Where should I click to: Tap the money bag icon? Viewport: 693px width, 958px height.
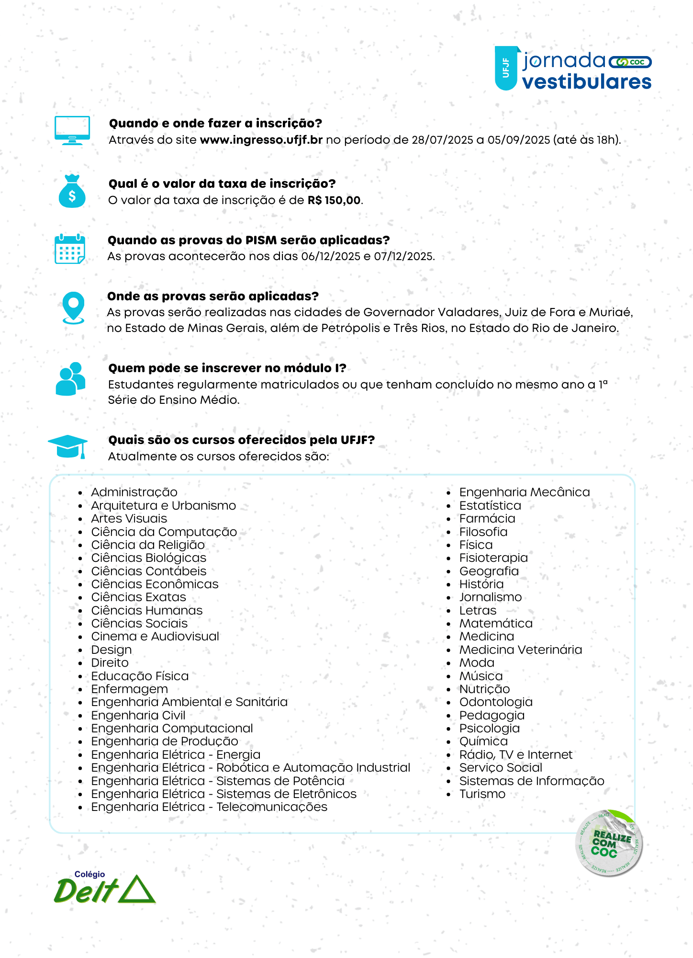click(72, 192)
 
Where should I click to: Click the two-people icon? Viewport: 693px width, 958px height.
click(71, 379)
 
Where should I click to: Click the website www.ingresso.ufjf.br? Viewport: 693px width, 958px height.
click(261, 140)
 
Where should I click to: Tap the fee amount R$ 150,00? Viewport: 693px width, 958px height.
click(334, 200)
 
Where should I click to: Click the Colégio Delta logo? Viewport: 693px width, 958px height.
click(104, 888)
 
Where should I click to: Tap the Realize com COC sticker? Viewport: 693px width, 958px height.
click(609, 843)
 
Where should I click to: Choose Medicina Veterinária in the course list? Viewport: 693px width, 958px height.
click(520, 650)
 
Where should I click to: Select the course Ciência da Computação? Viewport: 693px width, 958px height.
click(164, 532)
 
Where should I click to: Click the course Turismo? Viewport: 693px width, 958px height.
click(482, 794)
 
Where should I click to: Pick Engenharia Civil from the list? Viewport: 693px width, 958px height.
click(138, 715)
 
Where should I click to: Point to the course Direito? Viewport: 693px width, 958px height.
click(110, 662)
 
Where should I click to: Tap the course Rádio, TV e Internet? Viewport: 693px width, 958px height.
click(515, 754)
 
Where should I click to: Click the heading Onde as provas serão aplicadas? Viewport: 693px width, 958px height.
click(212, 296)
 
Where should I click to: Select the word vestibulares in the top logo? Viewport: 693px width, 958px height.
click(586, 82)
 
